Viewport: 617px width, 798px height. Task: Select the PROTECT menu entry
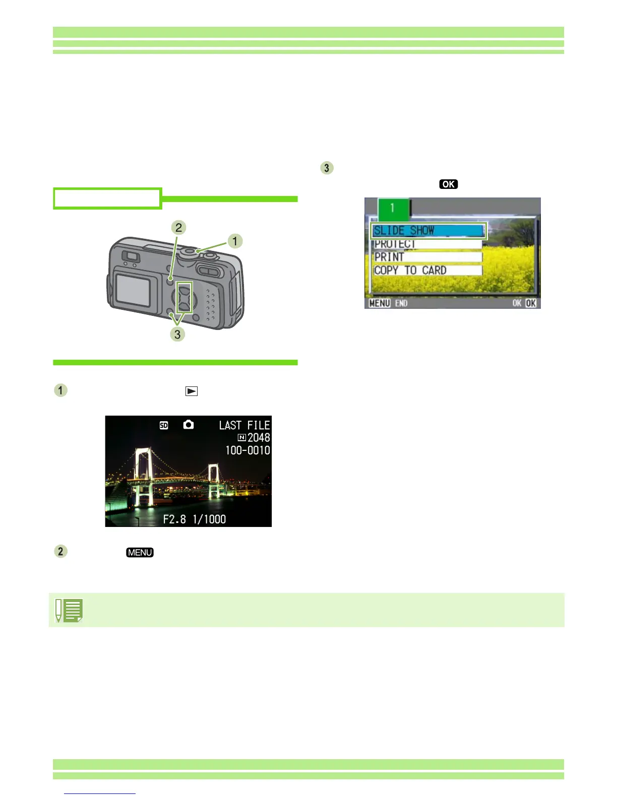pos(426,244)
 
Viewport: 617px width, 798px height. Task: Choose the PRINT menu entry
pos(426,257)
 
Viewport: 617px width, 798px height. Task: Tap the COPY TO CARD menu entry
pos(426,271)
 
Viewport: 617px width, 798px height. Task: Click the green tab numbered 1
pos(393,208)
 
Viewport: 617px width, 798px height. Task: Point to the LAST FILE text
pos(244,425)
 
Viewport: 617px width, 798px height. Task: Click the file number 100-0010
pos(247,450)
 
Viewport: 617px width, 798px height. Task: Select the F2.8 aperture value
pos(174,519)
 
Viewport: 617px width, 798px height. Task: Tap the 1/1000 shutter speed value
pos(209,519)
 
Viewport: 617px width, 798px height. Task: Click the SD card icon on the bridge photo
pos(164,425)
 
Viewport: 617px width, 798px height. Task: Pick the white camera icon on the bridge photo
pos(189,425)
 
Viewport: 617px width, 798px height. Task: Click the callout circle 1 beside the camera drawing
pos(234,241)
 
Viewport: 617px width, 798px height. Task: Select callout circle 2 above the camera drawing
pos(178,228)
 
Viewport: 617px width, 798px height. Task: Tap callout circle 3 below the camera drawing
pos(177,334)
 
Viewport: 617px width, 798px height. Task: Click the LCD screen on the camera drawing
pos(132,289)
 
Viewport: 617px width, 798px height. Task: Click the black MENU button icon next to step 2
pos(140,553)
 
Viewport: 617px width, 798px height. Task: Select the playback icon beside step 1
pos(192,391)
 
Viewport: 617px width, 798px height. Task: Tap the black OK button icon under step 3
pos(448,184)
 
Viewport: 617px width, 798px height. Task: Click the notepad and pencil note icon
pos(70,611)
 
